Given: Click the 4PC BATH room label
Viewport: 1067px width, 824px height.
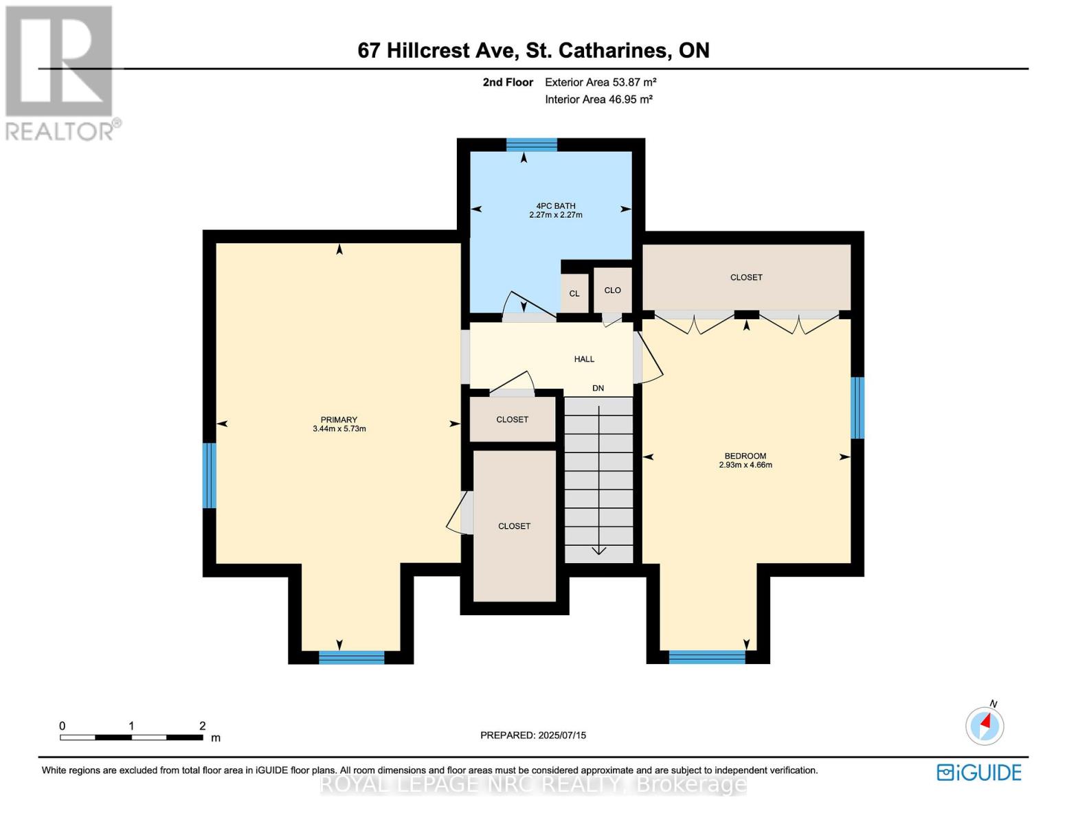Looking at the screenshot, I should [x=555, y=205].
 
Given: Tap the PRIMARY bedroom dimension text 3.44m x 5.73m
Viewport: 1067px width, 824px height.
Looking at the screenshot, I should [x=339, y=429].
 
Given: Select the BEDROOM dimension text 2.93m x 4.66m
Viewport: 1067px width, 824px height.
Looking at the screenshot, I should [x=745, y=465].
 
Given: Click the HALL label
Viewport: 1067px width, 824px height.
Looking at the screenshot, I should [x=584, y=359].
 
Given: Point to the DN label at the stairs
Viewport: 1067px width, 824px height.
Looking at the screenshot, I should [x=598, y=388].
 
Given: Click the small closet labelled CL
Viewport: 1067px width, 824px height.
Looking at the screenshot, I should [x=574, y=293].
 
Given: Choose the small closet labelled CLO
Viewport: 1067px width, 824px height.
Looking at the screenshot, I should [x=612, y=290].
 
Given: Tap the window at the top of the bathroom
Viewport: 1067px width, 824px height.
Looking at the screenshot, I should [x=531, y=144].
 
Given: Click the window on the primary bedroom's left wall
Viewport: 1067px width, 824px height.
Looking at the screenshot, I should [x=210, y=475].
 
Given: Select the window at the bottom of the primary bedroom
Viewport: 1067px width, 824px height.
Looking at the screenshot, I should [x=351, y=657].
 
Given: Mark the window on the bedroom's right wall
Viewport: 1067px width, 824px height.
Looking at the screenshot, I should [x=857, y=408].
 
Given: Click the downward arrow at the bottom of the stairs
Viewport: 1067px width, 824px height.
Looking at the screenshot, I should [x=598, y=549].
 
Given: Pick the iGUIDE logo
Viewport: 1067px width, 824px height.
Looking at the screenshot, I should [x=979, y=772].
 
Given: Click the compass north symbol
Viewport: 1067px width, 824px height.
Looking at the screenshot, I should [x=985, y=725].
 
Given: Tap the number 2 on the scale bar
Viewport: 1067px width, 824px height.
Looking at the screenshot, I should [x=202, y=726].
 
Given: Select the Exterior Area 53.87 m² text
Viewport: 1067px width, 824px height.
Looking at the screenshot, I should [x=600, y=82].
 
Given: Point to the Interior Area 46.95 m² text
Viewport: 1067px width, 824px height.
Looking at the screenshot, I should [x=598, y=100].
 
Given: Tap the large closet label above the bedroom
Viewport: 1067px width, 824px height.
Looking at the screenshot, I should [x=746, y=277].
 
